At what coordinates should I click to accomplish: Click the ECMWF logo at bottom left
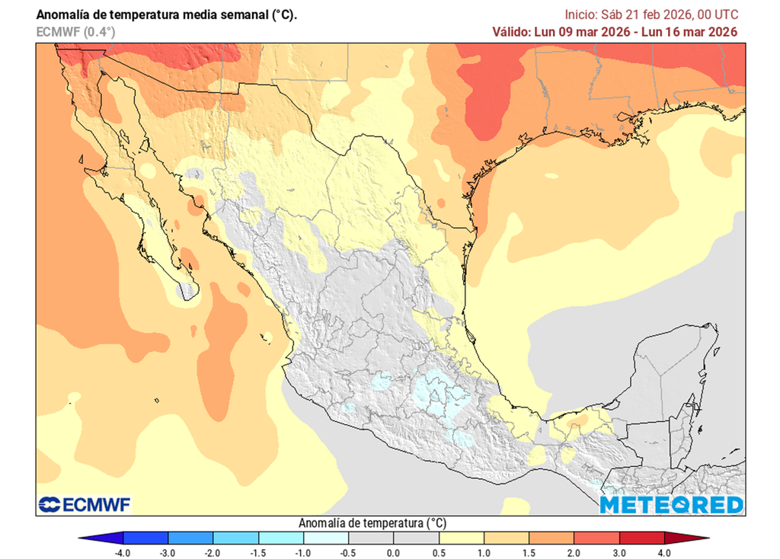point(85,504)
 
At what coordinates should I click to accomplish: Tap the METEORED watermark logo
point(670,504)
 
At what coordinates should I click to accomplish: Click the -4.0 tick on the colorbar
point(122,552)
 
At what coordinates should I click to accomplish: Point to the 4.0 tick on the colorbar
point(663,552)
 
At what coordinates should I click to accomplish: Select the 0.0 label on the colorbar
point(393,552)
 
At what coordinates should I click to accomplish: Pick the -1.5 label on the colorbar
point(257,552)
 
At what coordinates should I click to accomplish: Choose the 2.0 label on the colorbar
point(574,552)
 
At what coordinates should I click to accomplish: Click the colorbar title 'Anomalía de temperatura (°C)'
point(372,523)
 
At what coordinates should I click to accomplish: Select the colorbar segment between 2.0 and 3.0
point(596,538)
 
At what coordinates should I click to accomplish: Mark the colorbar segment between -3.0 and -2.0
point(190,538)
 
